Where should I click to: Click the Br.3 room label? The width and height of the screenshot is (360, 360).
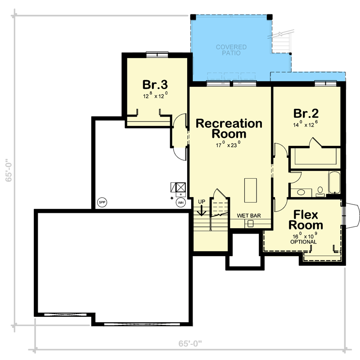[x=155, y=85]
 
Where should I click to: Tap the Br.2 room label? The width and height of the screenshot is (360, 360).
[x=306, y=112]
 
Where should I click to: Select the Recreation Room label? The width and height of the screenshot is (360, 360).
[x=229, y=128]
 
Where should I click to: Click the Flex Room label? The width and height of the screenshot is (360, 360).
[x=306, y=220]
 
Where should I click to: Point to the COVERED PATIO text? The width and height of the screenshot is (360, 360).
[x=231, y=50]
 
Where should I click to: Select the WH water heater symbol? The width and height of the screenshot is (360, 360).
[x=181, y=202]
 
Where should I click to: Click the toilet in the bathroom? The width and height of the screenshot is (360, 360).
[x=320, y=192]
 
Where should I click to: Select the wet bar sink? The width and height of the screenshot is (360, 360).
[x=251, y=223]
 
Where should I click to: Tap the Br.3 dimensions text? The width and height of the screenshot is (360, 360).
[x=155, y=95]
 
